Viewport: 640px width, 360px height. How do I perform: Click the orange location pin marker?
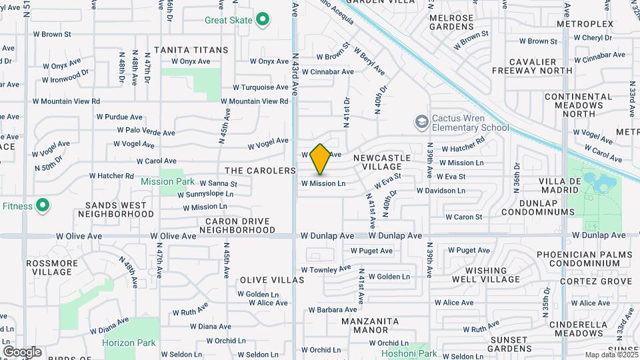coord(321,159)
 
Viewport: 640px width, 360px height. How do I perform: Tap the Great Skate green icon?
coord(263,20)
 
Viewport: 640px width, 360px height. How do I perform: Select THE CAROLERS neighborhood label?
coord(260,171)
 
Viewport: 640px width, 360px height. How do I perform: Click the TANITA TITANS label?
coord(191,50)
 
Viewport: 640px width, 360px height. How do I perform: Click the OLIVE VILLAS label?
coord(267,280)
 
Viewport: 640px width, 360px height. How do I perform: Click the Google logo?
coord(21,352)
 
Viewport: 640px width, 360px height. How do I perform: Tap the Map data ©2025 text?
coord(610,355)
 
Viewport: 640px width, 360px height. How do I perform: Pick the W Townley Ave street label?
coord(325,269)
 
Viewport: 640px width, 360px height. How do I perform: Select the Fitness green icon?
coord(43,206)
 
